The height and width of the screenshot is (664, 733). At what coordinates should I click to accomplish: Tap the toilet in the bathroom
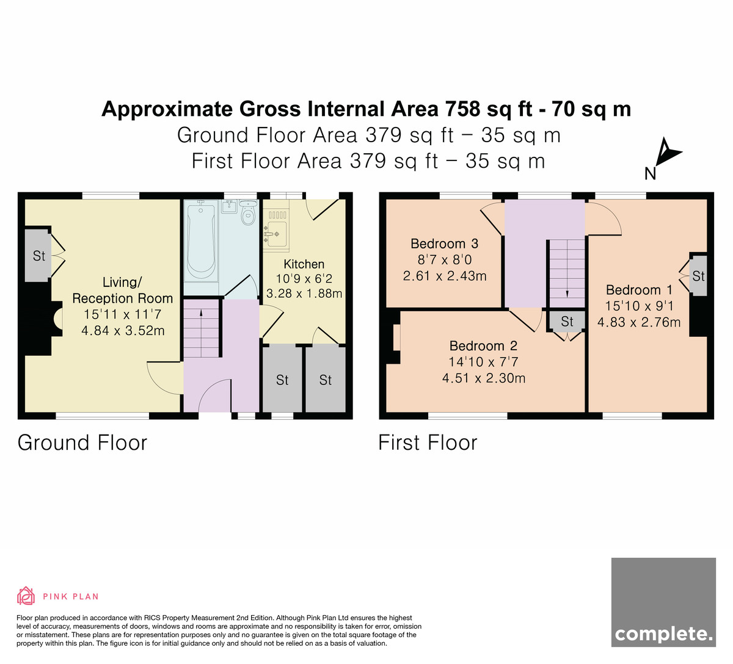[248, 212]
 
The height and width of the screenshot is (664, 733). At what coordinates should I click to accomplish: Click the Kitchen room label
[304, 264]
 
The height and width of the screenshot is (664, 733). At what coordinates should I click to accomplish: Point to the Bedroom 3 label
[444, 244]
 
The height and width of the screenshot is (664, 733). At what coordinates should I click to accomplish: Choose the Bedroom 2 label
[483, 345]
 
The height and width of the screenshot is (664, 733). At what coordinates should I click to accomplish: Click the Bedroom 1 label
[639, 290]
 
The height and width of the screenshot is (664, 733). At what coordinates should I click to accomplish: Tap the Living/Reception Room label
[122, 290]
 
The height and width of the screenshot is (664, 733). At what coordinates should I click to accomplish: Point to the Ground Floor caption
[82, 442]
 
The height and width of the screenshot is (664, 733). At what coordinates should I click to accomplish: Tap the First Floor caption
[428, 442]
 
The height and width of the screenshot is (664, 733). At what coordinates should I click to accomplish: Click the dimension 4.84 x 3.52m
[123, 331]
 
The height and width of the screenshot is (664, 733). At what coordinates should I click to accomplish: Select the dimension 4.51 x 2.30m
[484, 378]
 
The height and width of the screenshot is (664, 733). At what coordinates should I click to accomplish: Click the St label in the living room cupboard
[38, 256]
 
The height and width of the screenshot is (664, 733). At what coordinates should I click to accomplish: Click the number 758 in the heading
[462, 109]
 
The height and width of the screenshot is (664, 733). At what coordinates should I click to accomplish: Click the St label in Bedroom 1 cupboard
[698, 276]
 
